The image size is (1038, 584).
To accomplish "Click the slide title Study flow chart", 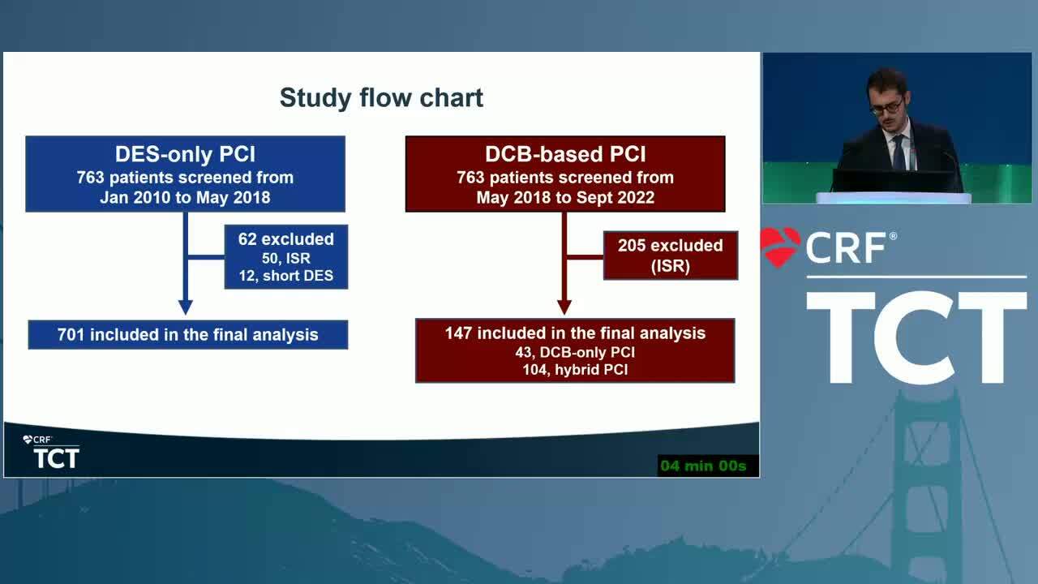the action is pyautogui.click(x=381, y=98).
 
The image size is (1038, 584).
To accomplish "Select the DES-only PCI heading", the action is pyautogui.click(x=185, y=154).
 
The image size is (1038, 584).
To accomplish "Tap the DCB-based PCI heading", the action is pyautogui.click(x=565, y=154).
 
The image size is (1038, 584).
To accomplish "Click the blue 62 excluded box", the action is pyautogui.click(x=286, y=257).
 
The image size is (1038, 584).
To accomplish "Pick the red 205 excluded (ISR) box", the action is pyautogui.click(x=671, y=255).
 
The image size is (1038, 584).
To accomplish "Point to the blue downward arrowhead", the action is pyautogui.click(x=186, y=307).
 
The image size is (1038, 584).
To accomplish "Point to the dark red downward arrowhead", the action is pyautogui.click(x=564, y=307).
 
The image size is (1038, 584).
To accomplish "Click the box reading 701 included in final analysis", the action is pyautogui.click(x=188, y=335).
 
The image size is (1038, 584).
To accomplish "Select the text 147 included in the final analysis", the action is pyautogui.click(x=575, y=333).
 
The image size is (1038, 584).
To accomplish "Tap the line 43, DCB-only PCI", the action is pyautogui.click(x=575, y=352).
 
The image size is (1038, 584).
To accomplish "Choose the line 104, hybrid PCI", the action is pyautogui.click(x=575, y=370).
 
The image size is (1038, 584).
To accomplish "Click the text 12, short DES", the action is pyautogui.click(x=286, y=276).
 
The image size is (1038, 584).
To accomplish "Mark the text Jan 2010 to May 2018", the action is pyautogui.click(x=185, y=197).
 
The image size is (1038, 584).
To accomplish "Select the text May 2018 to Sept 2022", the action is pyautogui.click(x=565, y=197).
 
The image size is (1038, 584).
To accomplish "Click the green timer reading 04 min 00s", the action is pyautogui.click(x=703, y=466).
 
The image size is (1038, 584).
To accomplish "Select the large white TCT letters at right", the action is pyautogui.click(x=916, y=337).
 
